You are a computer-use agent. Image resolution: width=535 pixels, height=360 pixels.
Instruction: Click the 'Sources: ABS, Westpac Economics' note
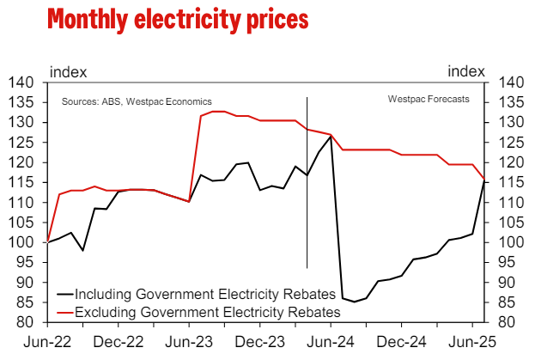click(x=137, y=101)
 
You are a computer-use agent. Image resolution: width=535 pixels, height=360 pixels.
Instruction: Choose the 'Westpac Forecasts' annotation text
click(x=429, y=100)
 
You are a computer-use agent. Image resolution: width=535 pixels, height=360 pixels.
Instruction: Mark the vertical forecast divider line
click(x=307, y=180)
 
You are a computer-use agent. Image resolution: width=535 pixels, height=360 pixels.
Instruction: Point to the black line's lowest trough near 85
click(x=354, y=302)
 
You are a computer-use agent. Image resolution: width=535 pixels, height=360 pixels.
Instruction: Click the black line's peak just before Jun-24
click(x=331, y=136)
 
